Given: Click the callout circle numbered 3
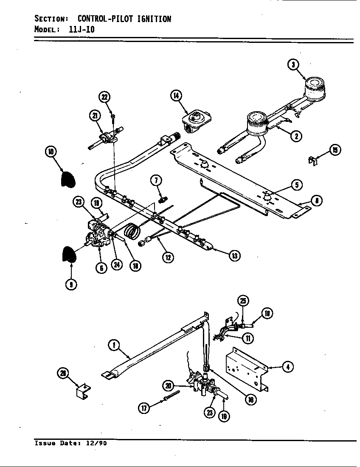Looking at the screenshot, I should (x=293, y=65).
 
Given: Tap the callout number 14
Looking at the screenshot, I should (x=176, y=95).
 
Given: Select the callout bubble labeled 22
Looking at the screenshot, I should (x=104, y=97).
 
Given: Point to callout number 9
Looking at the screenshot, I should (x=71, y=284).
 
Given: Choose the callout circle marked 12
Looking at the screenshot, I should (x=168, y=257).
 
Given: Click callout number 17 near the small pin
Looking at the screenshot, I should (x=144, y=408).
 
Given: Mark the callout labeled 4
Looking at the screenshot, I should (x=287, y=366).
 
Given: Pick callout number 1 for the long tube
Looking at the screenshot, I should (x=113, y=346).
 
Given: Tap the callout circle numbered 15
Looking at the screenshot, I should (x=335, y=150).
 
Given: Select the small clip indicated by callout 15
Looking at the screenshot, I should (x=312, y=160).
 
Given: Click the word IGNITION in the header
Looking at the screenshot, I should (x=153, y=19).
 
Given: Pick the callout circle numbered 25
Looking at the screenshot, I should (x=242, y=301).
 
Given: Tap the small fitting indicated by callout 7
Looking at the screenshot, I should (x=162, y=197).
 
